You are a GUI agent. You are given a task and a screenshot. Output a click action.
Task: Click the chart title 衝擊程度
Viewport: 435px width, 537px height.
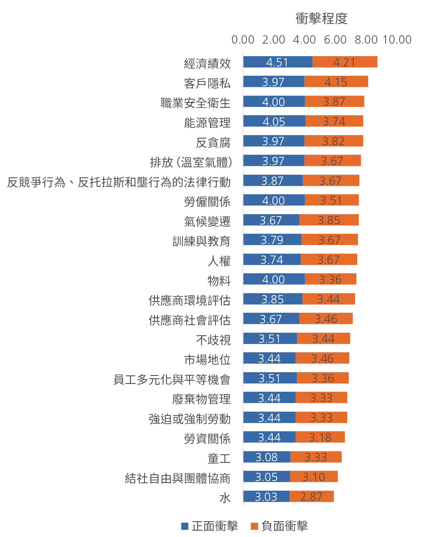click(321, 19)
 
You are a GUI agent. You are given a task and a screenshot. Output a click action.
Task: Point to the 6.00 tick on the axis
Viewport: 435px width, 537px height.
click(335, 40)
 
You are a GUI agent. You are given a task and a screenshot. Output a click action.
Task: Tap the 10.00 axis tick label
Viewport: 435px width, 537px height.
click(397, 40)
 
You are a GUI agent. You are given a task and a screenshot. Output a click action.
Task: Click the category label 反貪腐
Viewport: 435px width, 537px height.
click(213, 143)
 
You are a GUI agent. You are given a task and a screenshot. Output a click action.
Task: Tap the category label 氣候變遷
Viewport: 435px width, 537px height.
click(207, 222)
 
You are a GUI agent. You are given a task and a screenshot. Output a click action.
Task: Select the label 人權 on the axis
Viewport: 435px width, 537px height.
click(219, 261)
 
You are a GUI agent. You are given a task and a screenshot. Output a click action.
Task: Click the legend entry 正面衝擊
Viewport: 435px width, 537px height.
click(210, 526)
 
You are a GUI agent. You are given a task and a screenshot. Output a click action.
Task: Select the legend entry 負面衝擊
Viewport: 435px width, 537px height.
click(280, 526)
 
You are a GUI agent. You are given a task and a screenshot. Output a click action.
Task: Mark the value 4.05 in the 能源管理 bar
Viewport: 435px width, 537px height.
click(274, 122)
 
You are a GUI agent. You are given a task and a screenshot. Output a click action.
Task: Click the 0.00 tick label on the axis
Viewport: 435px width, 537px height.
click(243, 40)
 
